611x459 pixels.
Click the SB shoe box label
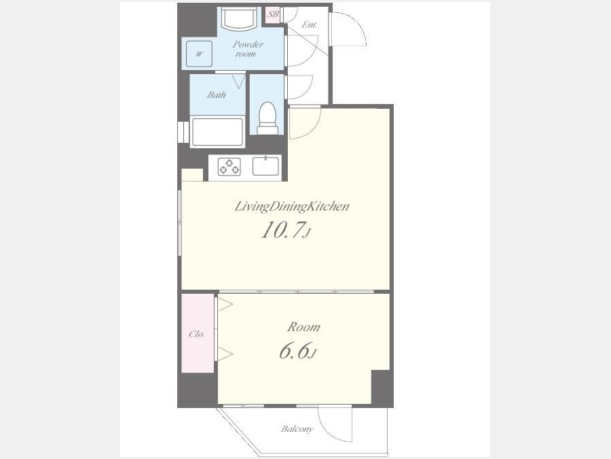click(273, 14)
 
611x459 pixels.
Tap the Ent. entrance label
click(310, 25)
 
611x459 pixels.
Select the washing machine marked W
click(199, 54)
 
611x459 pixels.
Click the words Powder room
click(247, 49)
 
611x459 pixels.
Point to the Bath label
click(217, 95)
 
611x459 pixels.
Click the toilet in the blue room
click(267, 118)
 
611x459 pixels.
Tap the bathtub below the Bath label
click(217, 132)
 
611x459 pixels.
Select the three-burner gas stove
click(229, 167)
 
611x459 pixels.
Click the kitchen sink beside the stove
click(265, 166)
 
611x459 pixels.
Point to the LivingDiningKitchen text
click(291, 207)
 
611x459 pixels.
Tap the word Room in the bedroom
click(303, 326)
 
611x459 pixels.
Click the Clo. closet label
click(197, 334)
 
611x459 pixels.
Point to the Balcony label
click(297, 429)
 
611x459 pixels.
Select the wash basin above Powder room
click(239, 19)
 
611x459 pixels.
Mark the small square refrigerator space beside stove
click(193, 175)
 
